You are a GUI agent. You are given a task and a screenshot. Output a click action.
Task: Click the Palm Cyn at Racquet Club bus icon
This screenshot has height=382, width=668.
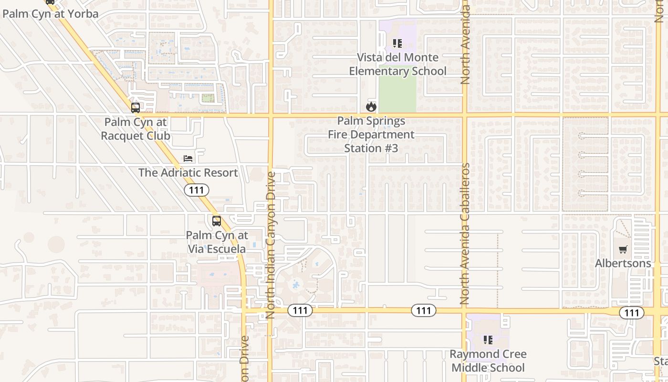[x=136, y=108]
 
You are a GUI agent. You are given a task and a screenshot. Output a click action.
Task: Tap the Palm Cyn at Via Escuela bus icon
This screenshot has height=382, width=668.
[x=217, y=221]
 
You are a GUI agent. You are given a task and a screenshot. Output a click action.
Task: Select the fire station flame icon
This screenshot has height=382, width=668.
[x=371, y=106]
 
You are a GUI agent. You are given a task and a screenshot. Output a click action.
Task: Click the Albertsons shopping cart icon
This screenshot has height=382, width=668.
[x=623, y=250]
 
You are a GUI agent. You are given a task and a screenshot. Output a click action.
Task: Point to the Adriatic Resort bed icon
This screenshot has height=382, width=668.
[x=188, y=159]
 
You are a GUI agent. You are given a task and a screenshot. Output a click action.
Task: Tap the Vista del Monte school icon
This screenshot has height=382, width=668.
[x=397, y=44]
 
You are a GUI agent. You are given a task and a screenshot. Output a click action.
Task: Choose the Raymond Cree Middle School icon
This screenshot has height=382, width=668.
[x=488, y=340]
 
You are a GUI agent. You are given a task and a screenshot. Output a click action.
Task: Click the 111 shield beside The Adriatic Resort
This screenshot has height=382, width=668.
[x=197, y=191]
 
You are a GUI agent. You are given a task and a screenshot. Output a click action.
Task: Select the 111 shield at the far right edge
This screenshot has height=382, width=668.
[x=632, y=313]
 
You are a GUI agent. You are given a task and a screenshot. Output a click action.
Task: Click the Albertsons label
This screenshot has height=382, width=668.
[x=623, y=264]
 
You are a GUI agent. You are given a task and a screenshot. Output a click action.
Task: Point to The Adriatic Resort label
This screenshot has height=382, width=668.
[x=188, y=172]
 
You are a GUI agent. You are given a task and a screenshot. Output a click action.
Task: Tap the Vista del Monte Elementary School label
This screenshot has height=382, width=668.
[x=398, y=64]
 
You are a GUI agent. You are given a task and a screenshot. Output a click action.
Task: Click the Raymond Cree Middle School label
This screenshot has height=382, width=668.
[x=488, y=361]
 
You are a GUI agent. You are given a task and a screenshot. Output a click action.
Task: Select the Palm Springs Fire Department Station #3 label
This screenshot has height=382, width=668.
[x=371, y=135]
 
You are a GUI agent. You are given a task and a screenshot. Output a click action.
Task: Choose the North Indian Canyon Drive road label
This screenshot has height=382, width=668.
[x=271, y=245]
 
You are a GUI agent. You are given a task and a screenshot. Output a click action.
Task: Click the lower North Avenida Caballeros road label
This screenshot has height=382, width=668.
[x=465, y=234]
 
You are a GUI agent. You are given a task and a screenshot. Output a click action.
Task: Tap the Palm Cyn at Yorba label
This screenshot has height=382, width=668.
[x=51, y=14]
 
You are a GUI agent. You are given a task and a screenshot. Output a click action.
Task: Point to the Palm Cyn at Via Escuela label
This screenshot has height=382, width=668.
[x=217, y=242]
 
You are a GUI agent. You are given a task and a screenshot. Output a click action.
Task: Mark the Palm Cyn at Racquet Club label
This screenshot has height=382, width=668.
[x=136, y=129]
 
